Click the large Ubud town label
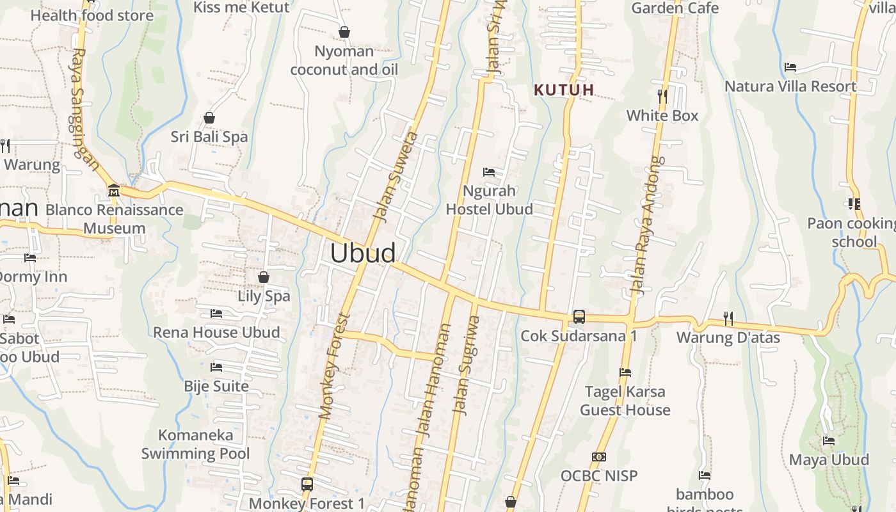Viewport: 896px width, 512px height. tap(363, 253)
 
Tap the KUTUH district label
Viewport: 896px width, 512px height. tap(564, 90)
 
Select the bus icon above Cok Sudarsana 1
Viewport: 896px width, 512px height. tap(579, 316)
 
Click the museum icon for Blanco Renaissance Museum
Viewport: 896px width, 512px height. tap(114, 190)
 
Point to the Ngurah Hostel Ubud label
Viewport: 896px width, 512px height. tap(489, 200)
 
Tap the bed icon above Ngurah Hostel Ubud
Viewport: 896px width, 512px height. tap(489, 172)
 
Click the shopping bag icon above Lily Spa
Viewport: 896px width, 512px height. tap(264, 277)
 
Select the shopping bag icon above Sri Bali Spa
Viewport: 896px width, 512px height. tap(209, 118)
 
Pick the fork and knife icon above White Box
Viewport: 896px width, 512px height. tap(662, 97)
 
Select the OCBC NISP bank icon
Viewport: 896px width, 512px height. tap(599, 457)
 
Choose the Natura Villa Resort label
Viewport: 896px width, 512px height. tap(790, 86)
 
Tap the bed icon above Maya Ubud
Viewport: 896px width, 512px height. tap(829, 441)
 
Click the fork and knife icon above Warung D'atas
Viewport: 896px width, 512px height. tap(728, 318)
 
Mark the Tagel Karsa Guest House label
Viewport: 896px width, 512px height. tap(625, 401)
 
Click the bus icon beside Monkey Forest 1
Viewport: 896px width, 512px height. tap(307, 484)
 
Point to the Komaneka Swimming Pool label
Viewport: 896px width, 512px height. tap(196, 444)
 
